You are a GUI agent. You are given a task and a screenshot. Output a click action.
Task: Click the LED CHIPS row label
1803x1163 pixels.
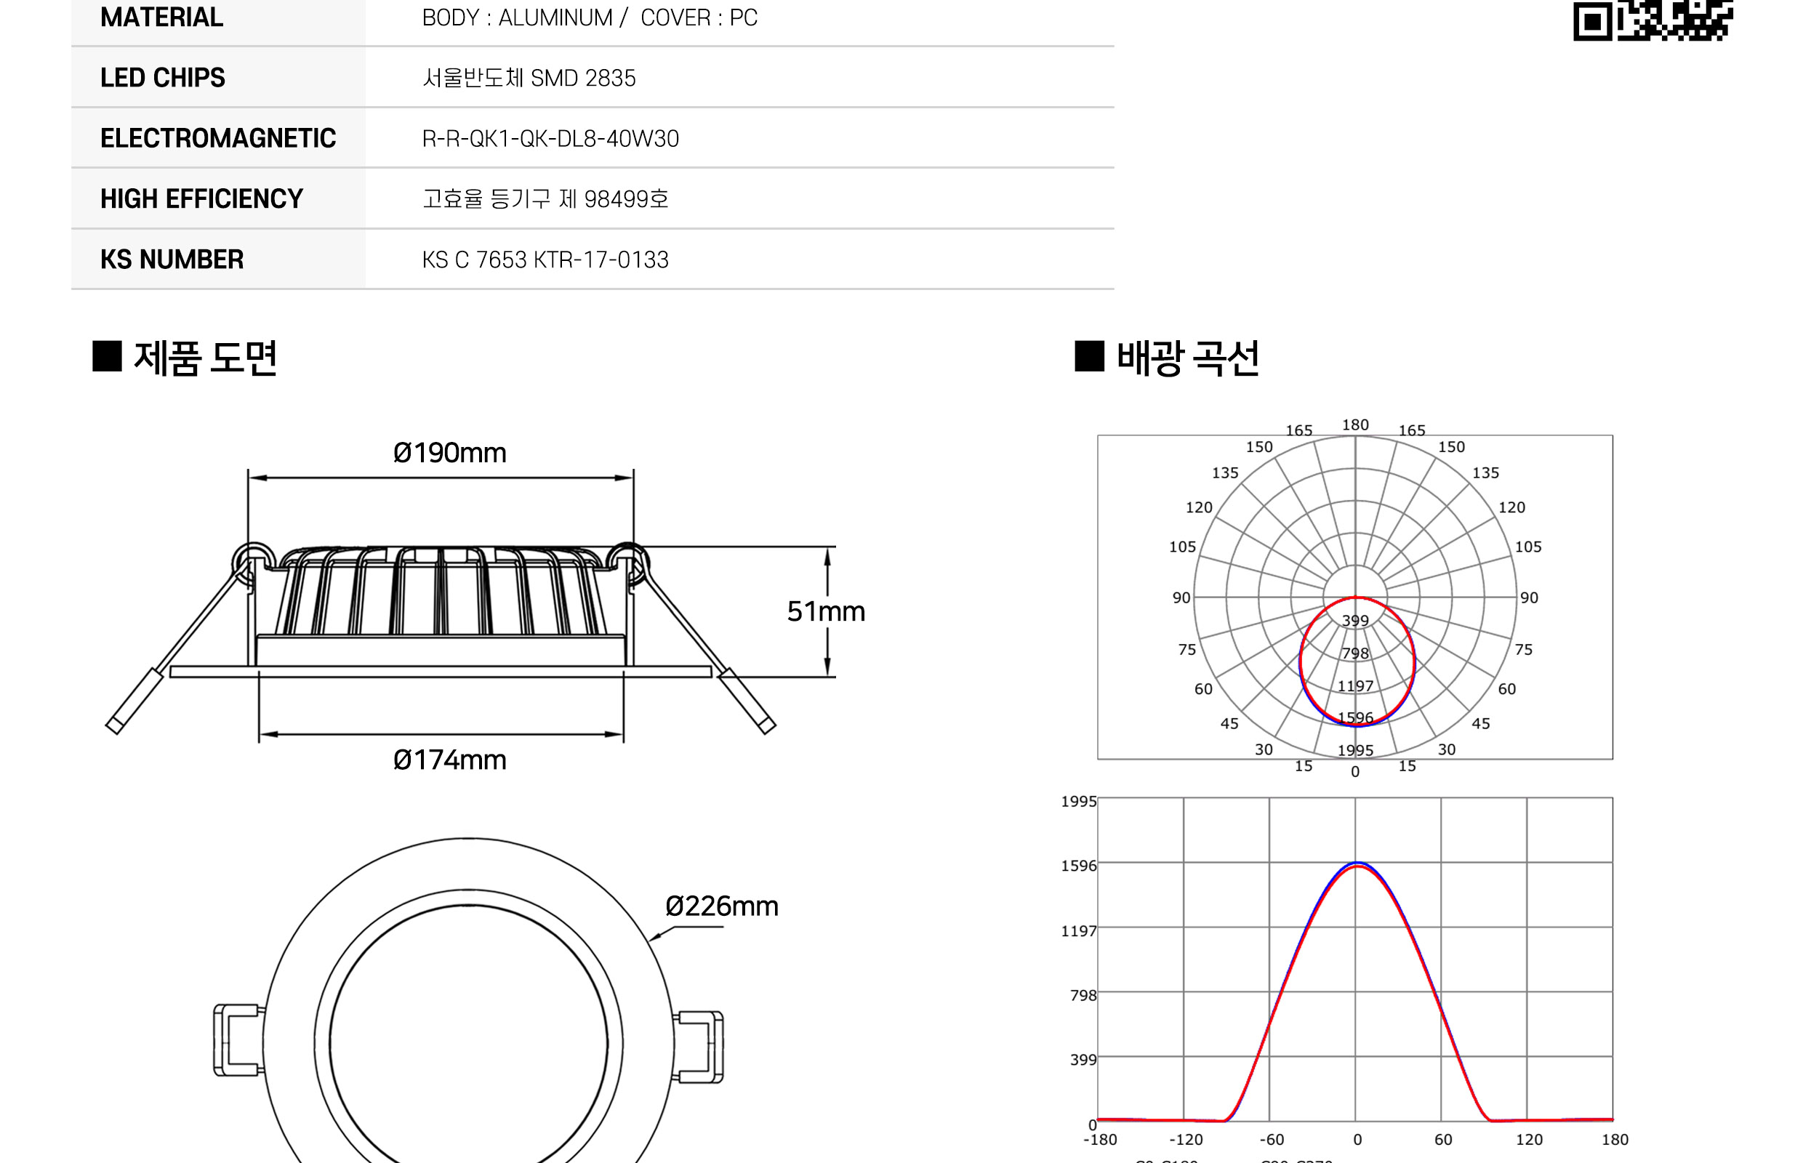coord(162,78)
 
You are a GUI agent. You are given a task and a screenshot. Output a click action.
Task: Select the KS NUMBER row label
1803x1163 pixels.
coord(172,259)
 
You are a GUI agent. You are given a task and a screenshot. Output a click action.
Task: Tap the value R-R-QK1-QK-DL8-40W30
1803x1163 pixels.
coord(550,139)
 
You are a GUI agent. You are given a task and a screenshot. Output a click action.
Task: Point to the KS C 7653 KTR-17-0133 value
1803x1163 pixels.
coord(545,259)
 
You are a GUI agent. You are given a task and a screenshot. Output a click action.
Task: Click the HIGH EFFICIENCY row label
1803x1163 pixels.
coord(201,199)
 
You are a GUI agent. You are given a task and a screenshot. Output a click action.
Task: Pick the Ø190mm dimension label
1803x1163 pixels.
coord(449,453)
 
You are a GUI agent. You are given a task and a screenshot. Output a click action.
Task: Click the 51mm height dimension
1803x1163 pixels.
coord(826,611)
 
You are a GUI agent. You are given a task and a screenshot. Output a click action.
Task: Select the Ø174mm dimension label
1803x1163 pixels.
coord(449,760)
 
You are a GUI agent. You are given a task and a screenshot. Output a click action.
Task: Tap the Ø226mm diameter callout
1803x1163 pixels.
coord(721,906)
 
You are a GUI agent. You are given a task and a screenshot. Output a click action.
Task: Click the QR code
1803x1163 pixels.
coord(1653,20)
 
